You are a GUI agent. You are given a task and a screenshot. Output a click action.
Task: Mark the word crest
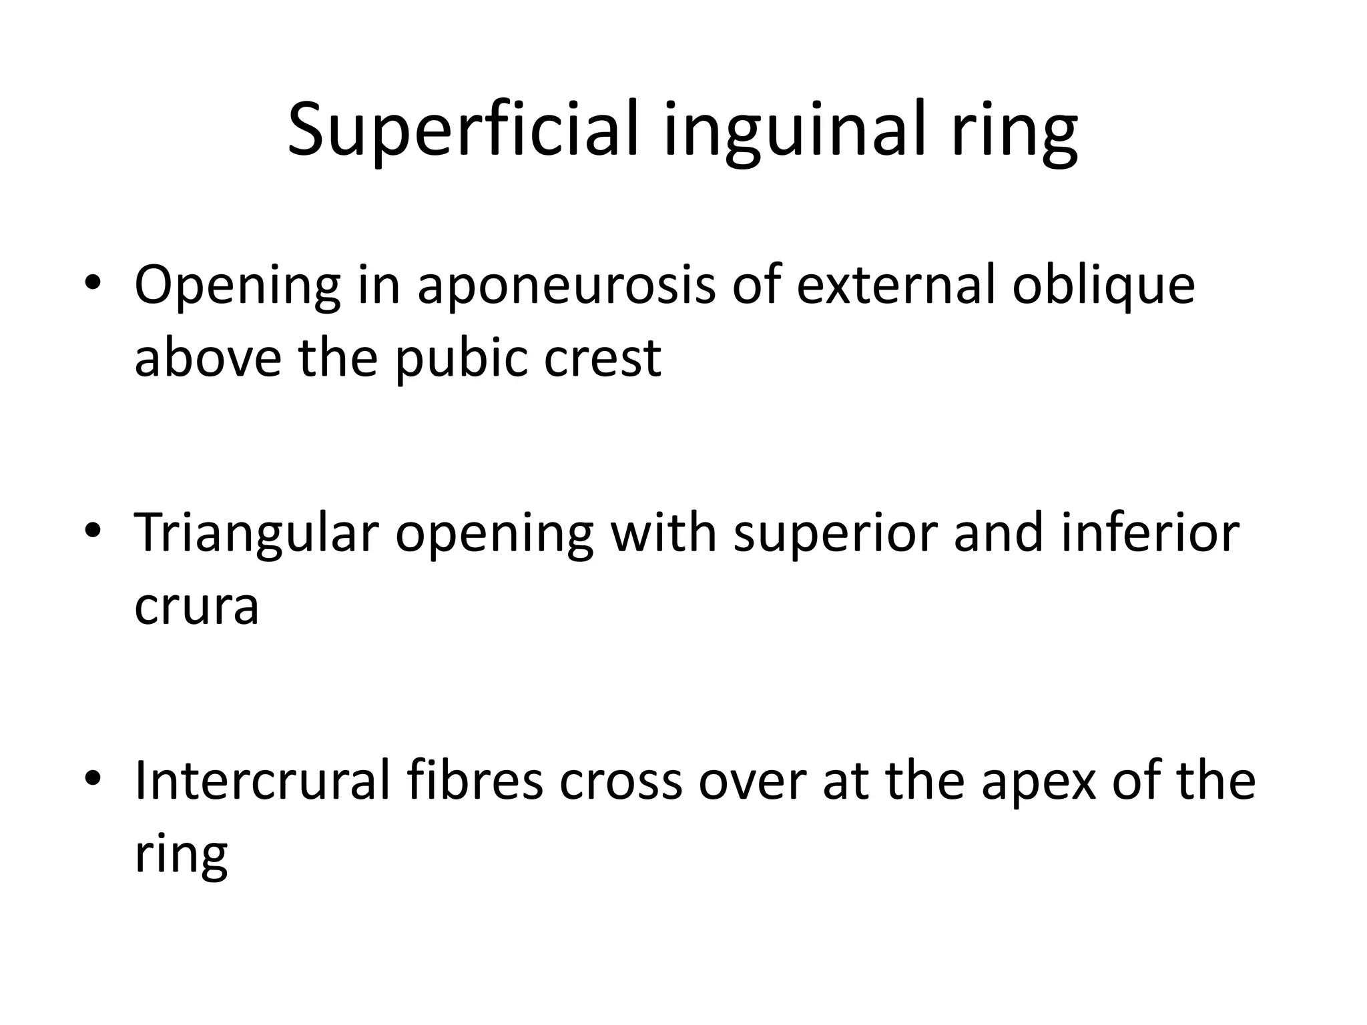pos(602,358)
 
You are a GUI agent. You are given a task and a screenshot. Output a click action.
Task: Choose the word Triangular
pos(256,534)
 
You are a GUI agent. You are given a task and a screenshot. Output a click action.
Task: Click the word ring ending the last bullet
pos(181,855)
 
